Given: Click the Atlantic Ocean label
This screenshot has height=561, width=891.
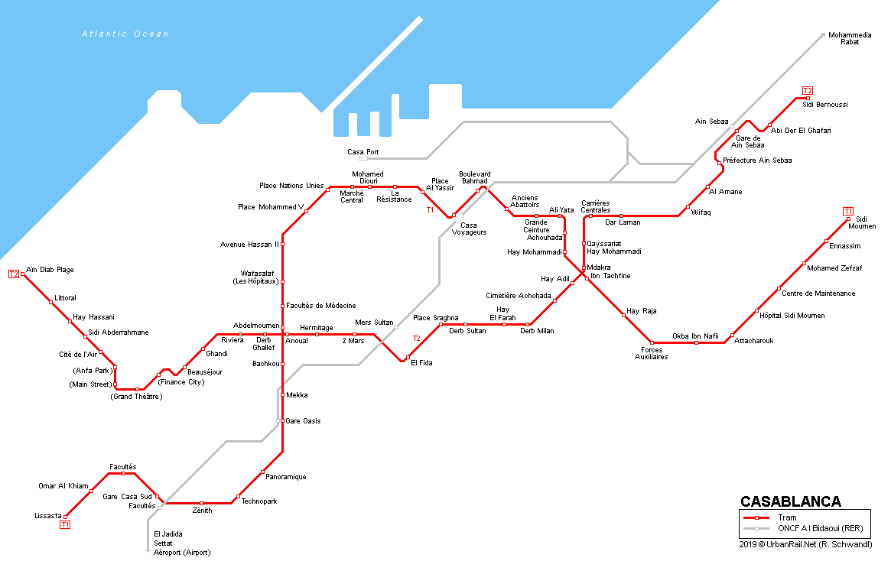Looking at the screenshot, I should click(x=125, y=34).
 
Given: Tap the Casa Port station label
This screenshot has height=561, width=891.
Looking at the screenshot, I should click(x=363, y=152).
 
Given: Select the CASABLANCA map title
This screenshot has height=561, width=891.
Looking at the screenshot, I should click(x=790, y=502).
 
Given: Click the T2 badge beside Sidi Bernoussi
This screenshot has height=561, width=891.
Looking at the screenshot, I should click(x=807, y=90).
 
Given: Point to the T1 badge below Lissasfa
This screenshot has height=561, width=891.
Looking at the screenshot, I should click(x=65, y=525).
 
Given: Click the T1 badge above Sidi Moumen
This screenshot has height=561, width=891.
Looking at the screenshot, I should click(x=847, y=211).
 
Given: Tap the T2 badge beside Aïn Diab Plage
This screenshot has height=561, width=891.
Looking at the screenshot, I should click(x=13, y=274).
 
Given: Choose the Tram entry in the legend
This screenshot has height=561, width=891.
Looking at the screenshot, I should click(x=787, y=517).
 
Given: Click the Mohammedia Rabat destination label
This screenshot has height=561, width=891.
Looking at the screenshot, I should click(x=850, y=38).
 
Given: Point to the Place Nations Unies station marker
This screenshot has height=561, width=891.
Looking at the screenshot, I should click(x=327, y=189).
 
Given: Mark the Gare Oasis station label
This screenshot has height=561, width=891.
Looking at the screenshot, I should click(x=303, y=421).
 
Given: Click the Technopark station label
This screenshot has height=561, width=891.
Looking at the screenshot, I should click(x=259, y=501).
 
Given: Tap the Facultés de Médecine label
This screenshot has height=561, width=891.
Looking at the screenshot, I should click(x=320, y=306).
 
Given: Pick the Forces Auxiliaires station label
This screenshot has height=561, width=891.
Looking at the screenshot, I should click(x=651, y=353).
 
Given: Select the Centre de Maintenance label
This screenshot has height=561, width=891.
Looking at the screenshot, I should click(x=818, y=293).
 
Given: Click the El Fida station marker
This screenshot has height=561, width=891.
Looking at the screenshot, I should click(x=408, y=358).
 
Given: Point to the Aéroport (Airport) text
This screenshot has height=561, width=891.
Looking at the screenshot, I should click(x=181, y=552).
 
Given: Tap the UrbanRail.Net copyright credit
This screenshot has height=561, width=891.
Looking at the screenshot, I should click(x=805, y=544).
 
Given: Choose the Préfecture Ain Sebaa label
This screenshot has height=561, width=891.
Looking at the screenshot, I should click(x=757, y=161).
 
